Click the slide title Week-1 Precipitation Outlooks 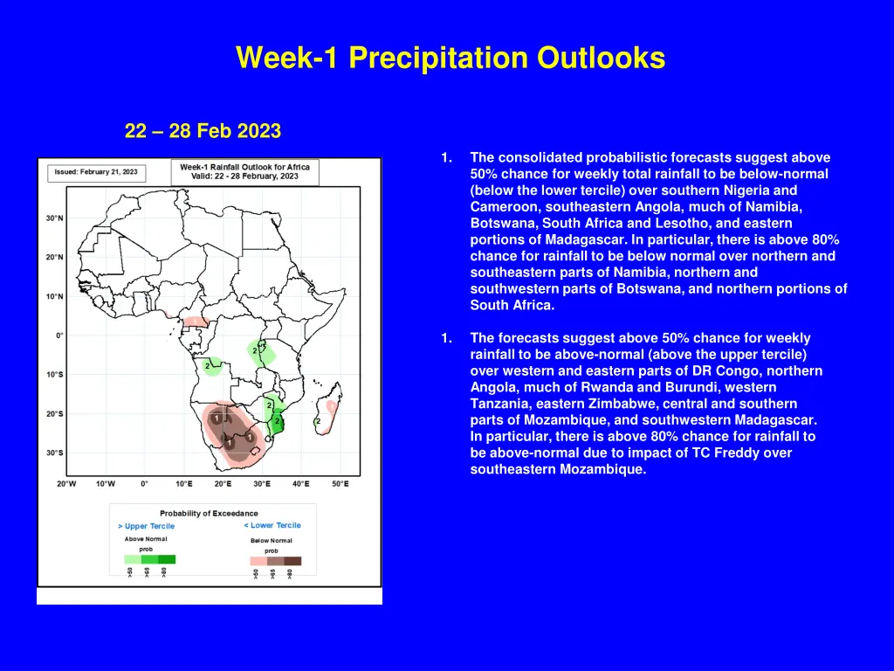[x=450, y=58]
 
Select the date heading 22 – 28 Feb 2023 [x=203, y=131]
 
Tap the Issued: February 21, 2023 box [x=96, y=172]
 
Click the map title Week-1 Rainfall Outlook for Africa [x=245, y=167]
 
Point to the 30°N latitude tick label [x=54, y=218]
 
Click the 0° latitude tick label [x=59, y=335]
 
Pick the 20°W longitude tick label [x=66, y=483]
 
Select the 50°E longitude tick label [x=340, y=483]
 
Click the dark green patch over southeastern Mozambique [x=279, y=423]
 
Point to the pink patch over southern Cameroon [x=196, y=322]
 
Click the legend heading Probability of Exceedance [x=209, y=513]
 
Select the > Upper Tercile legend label [x=146, y=526]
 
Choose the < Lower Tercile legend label [x=272, y=525]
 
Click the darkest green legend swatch [x=167, y=559]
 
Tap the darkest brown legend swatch [x=292, y=561]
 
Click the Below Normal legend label [x=272, y=540]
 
